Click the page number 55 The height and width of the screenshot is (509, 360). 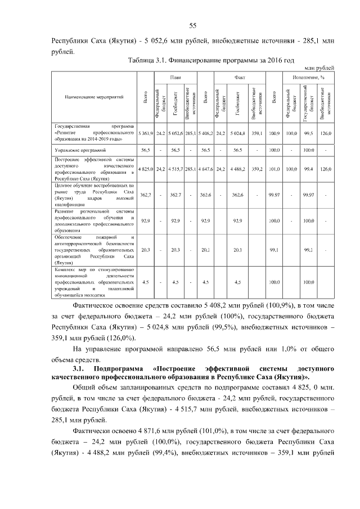(192, 25)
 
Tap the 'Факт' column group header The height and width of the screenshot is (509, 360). (237, 76)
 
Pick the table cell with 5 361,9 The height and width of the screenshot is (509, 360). (146, 133)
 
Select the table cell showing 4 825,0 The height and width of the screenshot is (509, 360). (146, 168)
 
